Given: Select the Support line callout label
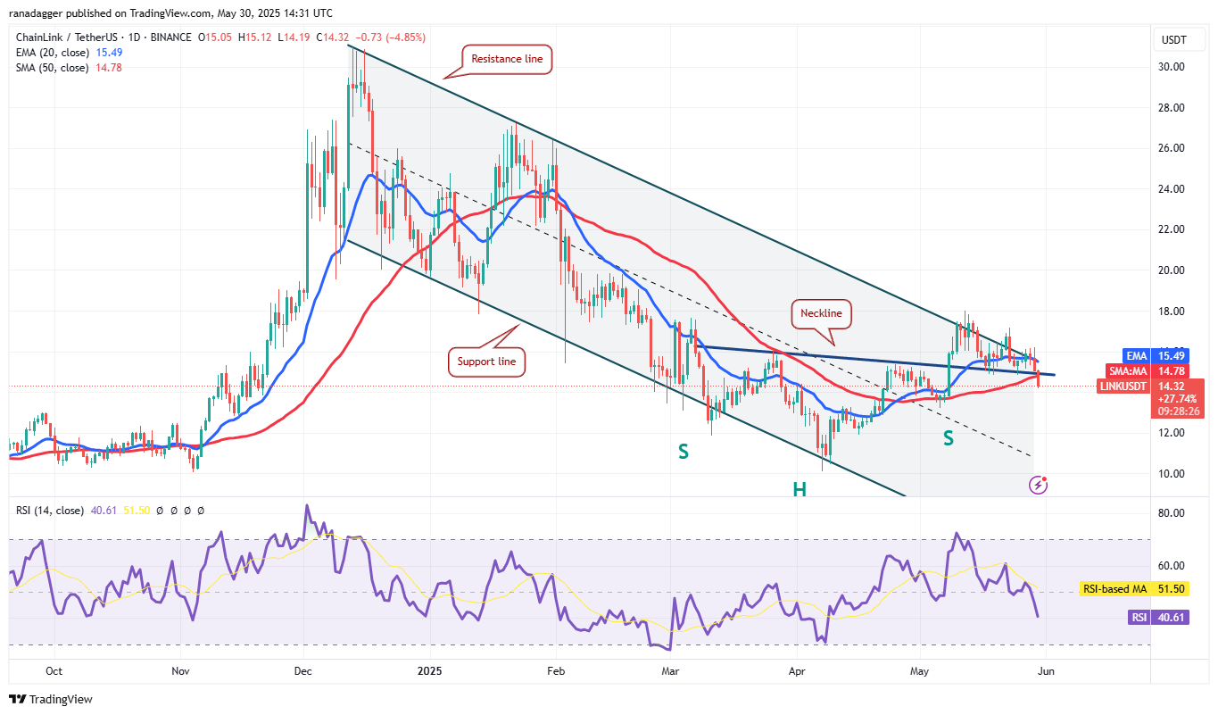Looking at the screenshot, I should (487, 362).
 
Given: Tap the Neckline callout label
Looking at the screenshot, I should (821, 313).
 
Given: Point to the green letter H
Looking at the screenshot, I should (799, 489).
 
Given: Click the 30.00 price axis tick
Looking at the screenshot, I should (1170, 67).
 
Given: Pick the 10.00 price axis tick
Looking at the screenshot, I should (1170, 473).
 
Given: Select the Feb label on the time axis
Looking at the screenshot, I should (556, 670).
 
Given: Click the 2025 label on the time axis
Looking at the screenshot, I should (429, 670).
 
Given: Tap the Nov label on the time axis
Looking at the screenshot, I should (180, 670).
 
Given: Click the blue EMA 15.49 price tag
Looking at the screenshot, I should (1169, 354).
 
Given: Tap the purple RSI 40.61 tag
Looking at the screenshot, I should (1169, 618).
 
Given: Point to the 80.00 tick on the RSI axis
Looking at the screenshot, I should (1170, 513).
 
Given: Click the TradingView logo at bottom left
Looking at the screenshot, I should (51, 700).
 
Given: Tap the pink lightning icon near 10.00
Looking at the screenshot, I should (1039, 485).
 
